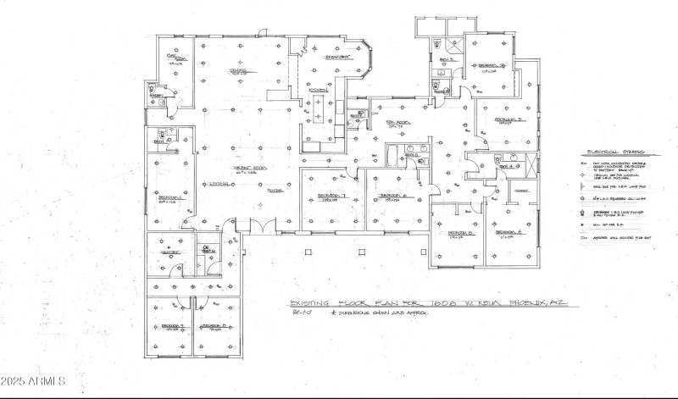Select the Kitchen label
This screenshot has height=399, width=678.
[318, 89]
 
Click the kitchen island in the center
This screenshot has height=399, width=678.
[320, 109]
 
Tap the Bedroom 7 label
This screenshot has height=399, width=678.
[329, 197]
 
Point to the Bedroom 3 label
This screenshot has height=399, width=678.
[507, 120]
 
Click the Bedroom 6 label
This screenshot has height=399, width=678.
[391, 196]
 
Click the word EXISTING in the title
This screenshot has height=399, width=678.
[311, 302]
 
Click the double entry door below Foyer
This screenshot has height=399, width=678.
[264, 227]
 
